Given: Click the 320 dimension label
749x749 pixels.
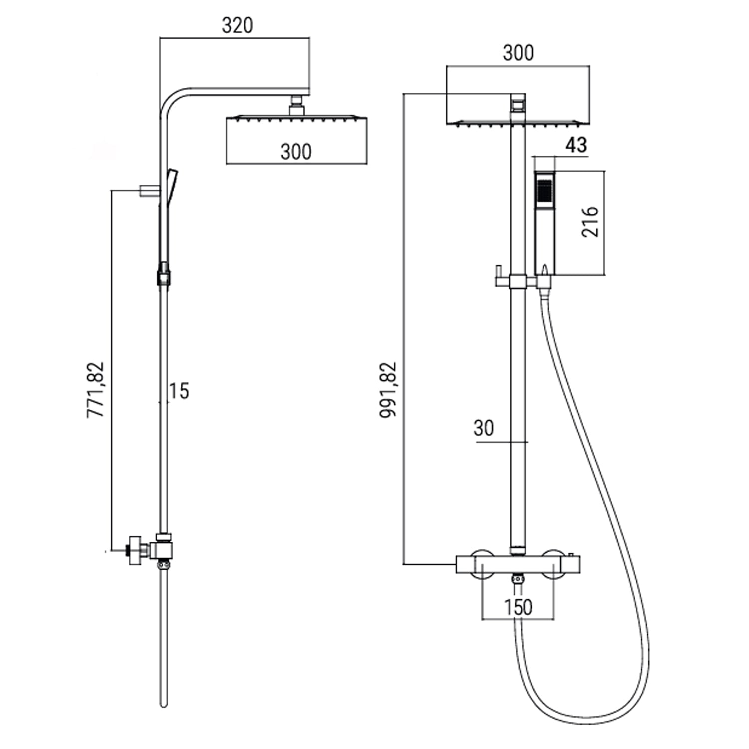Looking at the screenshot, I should tap(237, 25).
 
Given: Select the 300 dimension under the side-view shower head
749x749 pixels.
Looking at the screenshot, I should tap(296, 152).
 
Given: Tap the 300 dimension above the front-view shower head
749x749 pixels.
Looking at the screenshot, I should tap(518, 53).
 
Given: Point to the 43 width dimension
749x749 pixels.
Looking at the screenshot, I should tap(576, 145).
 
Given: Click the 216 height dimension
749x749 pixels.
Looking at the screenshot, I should tap(590, 221).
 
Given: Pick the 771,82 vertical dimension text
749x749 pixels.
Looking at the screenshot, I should tap(96, 389).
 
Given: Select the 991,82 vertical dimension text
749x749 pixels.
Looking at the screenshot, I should tap(388, 389).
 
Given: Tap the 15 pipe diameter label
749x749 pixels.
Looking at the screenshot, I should tap(179, 391).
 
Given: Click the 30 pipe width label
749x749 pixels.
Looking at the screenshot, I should tap(483, 428).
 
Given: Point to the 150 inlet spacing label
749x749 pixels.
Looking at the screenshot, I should tap(518, 608).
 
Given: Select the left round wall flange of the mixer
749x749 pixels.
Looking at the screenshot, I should tap(483, 564).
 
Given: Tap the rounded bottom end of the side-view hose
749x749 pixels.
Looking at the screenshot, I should tap(164, 704).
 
